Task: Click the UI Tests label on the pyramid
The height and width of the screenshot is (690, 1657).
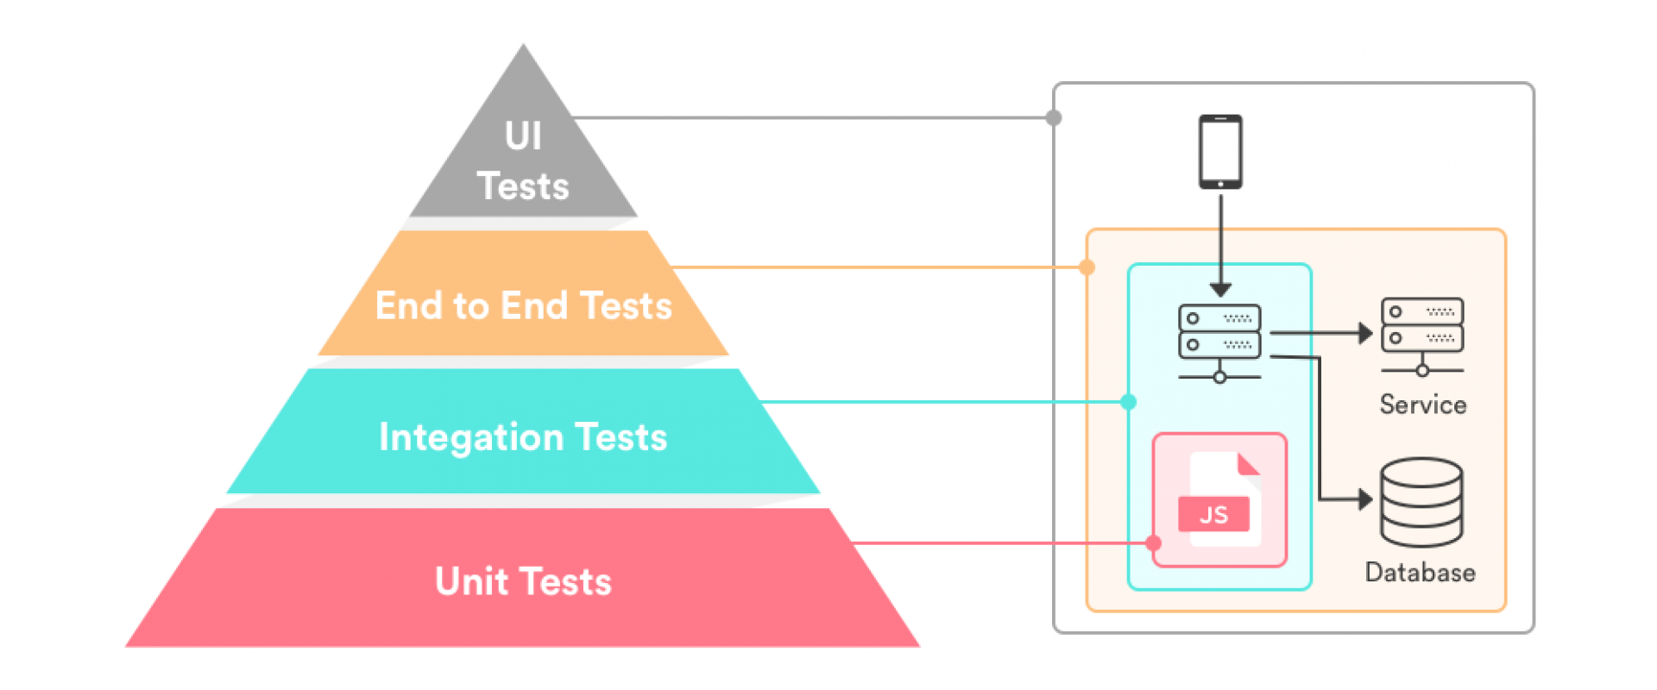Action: [x=523, y=161]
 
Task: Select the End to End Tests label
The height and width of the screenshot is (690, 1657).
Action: [x=524, y=305]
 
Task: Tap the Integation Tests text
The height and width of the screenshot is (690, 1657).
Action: [x=523, y=437]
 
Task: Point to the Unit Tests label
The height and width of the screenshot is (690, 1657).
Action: [x=523, y=581]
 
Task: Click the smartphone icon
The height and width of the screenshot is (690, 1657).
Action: [x=1220, y=152]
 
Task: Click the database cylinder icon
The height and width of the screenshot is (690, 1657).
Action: [x=1421, y=503]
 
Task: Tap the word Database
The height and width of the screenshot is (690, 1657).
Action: [x=1421, y=573]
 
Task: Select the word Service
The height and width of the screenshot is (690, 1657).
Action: [x=1423, y=405]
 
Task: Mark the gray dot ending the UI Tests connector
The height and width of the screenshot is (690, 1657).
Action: [x=1054, y=117]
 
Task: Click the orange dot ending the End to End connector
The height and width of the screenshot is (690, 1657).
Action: [x=1087, y=267]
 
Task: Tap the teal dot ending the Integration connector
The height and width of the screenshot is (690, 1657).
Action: [x=1128, y=402]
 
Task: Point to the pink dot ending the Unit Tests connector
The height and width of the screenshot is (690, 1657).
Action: [x=1153, y=543]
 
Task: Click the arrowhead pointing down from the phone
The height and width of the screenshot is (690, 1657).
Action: [x=1220, y=290]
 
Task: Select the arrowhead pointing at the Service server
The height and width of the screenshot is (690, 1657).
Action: [x=1365, y=333]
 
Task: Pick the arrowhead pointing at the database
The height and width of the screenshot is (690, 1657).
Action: [x=1365, y=499]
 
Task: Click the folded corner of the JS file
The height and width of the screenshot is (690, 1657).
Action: [x=1248, y=464]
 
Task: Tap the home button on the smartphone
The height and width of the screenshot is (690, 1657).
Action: [x=1220, y=184]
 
